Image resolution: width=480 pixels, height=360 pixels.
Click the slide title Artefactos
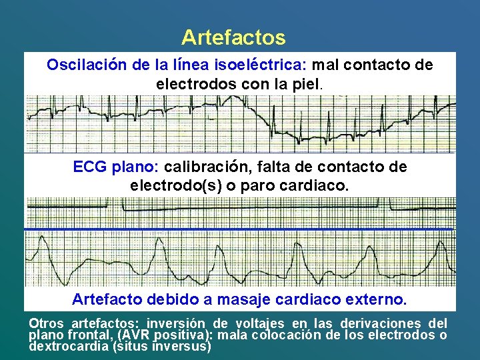233,37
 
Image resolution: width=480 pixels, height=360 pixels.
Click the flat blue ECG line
240,229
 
